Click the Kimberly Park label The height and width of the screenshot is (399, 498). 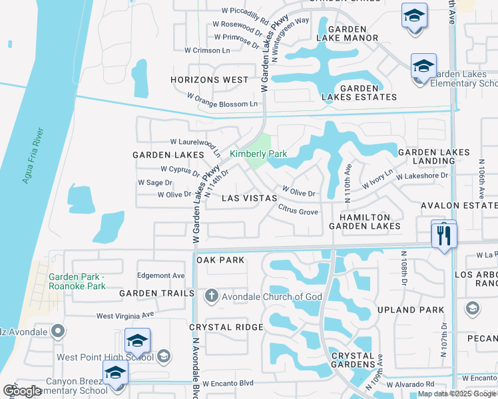[258, 154]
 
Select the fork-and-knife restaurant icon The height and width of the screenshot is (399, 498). [444, 235]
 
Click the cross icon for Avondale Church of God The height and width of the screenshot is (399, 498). [211, 296]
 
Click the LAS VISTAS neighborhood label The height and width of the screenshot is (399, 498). [249, 198]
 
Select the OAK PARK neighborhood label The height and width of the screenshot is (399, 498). [221, 260]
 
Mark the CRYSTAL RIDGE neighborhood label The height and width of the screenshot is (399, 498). [226, 327]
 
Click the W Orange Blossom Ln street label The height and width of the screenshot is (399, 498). [222, 100]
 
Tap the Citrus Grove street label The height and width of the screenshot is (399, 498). [298, 211]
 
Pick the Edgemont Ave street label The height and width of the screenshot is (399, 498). [160, 275]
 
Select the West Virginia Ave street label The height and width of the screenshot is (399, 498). [125, 315]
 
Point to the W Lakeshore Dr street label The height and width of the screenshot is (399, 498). [423, 176]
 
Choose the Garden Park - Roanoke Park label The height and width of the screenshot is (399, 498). [77, 281]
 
